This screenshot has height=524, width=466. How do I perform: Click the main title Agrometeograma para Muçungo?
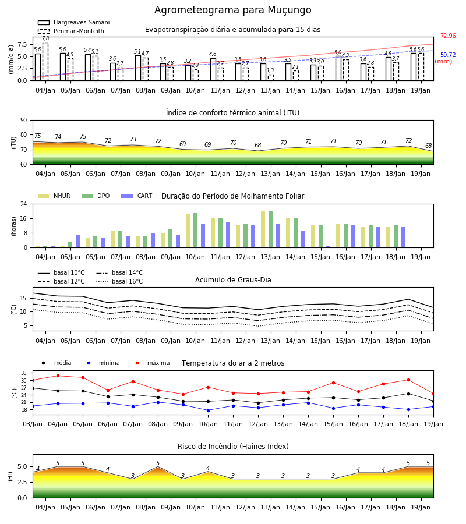232,10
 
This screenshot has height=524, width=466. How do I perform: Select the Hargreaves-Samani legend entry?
73,22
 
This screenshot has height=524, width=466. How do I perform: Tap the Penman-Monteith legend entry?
71,31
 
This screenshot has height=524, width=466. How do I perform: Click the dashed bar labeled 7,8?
45,62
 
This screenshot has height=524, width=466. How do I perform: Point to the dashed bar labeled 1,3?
271,77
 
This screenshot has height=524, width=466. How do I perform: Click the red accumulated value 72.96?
448,36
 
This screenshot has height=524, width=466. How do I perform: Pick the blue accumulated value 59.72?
448,55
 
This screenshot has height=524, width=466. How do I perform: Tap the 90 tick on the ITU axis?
24,121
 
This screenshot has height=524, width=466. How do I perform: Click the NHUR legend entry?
54,196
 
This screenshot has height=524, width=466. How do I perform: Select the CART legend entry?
137,196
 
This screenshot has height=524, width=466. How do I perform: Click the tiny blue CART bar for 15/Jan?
329,247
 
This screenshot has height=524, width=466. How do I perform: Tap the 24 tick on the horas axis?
24,204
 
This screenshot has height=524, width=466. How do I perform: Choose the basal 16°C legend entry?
119,281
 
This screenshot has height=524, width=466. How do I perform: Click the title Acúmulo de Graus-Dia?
233,279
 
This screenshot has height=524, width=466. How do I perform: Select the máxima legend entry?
151,363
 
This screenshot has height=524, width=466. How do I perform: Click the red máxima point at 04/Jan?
58,376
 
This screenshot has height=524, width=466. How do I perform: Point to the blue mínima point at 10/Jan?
209,410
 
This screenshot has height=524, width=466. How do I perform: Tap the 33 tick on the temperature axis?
24,373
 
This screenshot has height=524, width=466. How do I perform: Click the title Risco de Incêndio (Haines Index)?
233,447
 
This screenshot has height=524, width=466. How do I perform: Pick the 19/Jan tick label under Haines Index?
421,507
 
